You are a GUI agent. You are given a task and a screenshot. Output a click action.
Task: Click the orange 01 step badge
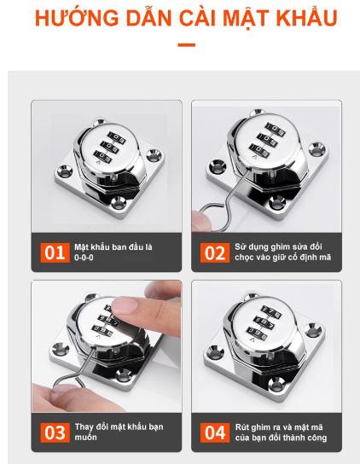tap(55, 252)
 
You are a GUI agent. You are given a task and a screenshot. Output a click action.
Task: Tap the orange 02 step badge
tap(215, 252)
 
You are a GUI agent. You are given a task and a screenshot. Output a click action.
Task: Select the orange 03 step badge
tap(55, 432)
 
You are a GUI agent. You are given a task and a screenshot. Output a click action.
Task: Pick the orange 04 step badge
tap(215, 432)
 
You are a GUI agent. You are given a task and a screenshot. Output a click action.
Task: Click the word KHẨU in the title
tap(307, 17)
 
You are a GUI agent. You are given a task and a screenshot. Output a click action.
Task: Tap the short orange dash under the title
tap(187, 45)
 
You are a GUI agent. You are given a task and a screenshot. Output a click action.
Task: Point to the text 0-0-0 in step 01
tap(84, 258)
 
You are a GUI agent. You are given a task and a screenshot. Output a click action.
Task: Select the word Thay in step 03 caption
tap(83, 427)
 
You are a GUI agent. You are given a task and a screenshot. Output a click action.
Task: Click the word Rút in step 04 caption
tap(241, 427)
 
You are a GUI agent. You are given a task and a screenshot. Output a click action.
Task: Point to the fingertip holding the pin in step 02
tap(201, 220)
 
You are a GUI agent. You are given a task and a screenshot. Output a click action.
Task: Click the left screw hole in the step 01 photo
tap(65, 171)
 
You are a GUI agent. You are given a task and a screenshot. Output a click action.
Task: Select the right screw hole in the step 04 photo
tap(313, 330)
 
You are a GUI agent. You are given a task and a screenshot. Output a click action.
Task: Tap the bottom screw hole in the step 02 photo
tap(277, 203)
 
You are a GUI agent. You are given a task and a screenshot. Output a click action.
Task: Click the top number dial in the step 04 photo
tap(271, 312)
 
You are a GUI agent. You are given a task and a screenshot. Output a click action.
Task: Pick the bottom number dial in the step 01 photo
tap(103, 155)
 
